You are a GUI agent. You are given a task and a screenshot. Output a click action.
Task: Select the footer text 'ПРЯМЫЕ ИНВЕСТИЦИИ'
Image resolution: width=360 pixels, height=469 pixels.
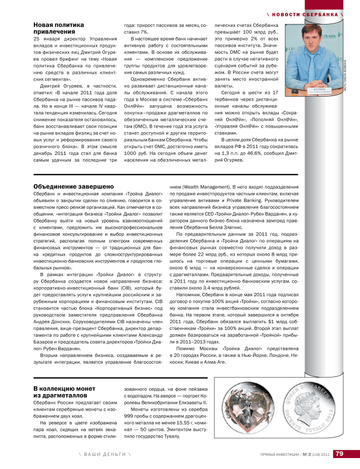coord(278,455)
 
